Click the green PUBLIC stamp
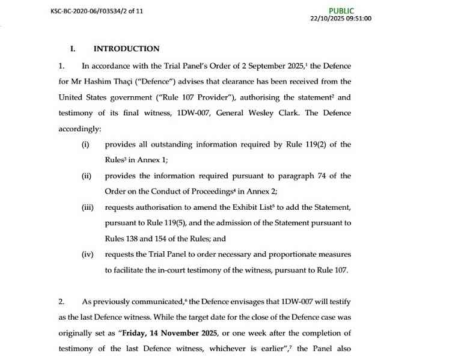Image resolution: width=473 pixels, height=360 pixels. tap(341, 11)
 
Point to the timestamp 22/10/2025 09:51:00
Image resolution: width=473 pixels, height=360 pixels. tap(341, 19)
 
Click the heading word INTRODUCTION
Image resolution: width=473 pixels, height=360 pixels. tap(127, 49)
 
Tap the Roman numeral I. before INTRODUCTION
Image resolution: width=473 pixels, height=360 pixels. tap(73, 49)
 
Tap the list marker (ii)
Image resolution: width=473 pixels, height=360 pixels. tap(86, 175)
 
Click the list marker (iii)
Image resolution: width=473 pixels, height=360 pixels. tap(87, 207)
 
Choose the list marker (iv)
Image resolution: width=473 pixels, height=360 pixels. tap(87, 254)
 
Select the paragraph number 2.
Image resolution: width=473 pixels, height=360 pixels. tap(61, 301)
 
